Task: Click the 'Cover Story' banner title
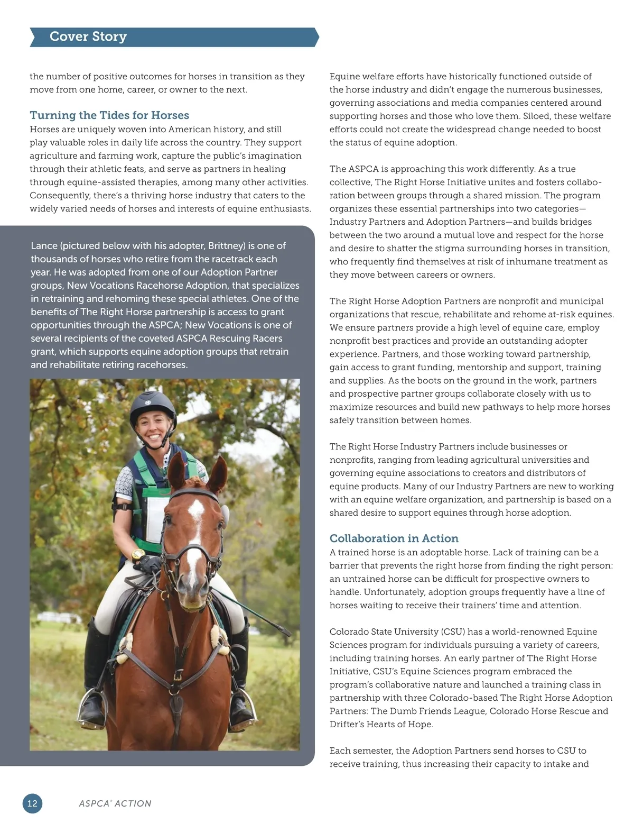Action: coord(88,36)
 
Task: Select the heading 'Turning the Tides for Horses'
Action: coord(109,115)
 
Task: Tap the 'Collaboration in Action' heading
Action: coord(394,538)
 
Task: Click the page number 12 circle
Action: coord(32,803)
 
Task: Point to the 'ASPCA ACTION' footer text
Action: coord(115,803)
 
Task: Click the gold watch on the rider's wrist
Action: coord(138,554)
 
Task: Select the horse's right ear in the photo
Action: coord(217,472)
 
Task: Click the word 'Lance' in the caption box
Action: coord(44,246)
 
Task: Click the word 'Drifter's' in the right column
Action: coord(348,725)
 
